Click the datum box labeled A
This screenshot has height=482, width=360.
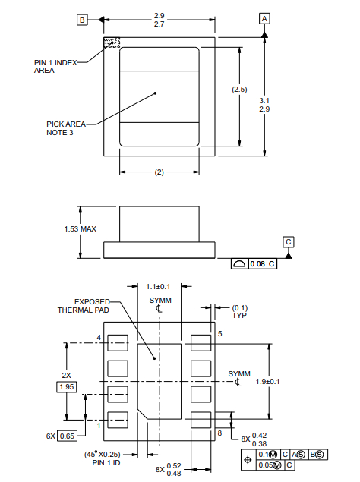click(x=264, y=17)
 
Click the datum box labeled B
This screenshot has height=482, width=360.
click(x=83, y=20)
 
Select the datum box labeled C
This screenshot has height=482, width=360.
click(x=289, y=242)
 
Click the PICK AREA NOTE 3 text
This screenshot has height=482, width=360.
click(x=65, y=128)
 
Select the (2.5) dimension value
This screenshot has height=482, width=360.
click(x=239, y=90)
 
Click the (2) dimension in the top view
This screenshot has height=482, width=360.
click(x=159, y=172)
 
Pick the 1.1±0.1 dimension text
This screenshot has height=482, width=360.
click(x=158, y=287)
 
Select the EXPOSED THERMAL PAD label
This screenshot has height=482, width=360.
click(x=85, y=305)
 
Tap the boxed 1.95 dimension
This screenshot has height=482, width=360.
click(x=68, y=387)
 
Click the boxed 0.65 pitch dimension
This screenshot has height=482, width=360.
click(x=67, y=436)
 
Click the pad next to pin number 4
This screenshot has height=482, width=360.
click(x=117, y=343)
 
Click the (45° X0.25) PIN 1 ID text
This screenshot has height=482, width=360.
click(x=109, y=458)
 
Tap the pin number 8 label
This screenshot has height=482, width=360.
click(x=219, y=433)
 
